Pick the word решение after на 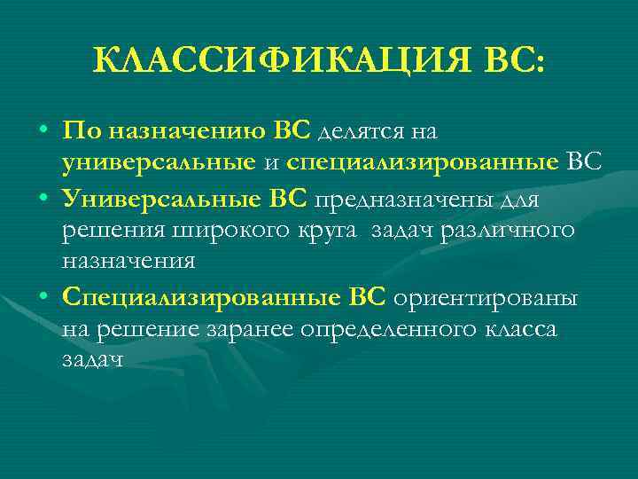tap(148, 330)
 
